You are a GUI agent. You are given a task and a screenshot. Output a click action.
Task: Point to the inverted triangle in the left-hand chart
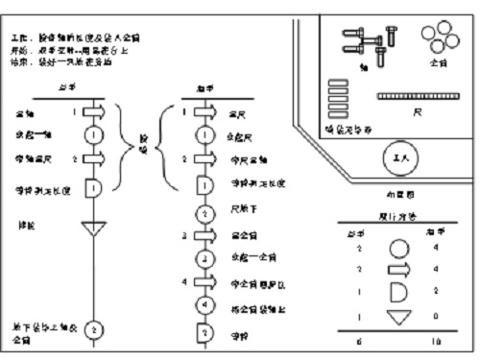click(93, 229)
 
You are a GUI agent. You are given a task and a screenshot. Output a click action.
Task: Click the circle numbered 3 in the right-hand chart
click(203, 259)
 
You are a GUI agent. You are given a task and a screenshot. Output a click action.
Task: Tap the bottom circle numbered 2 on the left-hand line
click(94, 329)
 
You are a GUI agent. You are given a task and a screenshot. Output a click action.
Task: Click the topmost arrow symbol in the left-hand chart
click(93, 112)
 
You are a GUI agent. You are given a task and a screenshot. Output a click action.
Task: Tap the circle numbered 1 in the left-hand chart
click(93, 135)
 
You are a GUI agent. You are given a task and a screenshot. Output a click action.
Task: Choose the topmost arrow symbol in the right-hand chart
click(203, 112)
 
